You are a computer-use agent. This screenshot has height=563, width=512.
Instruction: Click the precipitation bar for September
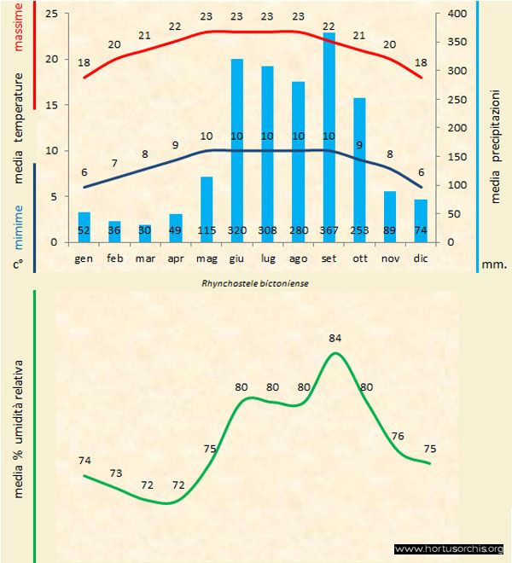[329, 136]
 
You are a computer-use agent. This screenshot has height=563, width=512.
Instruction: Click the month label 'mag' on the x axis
[206, 257]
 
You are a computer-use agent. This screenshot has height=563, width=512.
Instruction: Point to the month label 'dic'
[420, 257]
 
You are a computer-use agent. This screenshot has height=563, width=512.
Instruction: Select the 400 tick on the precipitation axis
[457, 15]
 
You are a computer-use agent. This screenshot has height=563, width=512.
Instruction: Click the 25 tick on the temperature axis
[51, 15]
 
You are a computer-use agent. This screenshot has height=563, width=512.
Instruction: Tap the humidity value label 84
[335, 339]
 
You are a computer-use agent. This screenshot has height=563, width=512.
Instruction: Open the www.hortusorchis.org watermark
[451, 548]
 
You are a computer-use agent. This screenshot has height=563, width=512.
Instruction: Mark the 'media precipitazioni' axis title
[496, 137]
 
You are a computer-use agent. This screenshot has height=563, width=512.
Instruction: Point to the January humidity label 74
[84, 461]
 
